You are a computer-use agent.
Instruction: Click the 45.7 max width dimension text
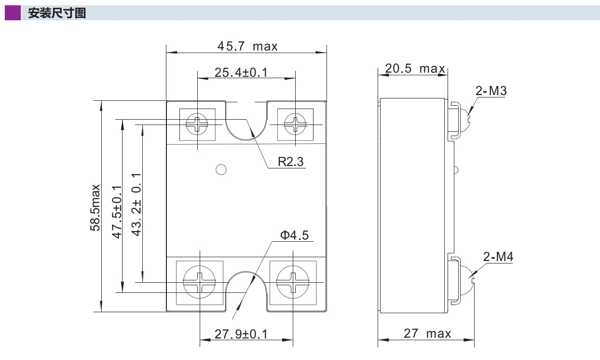click(x=247, y=46)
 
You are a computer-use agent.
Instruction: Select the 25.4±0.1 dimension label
click(x=241, y=72)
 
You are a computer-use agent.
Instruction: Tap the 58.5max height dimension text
click(x=95, y=208)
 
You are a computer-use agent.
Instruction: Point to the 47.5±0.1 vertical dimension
click(x=117, y=212)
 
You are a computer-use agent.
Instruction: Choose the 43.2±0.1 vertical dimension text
click(x=136, y=205)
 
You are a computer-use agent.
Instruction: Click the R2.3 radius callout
click(x=291, y=162)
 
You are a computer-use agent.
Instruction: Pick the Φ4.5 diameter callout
click(x=294, y=235)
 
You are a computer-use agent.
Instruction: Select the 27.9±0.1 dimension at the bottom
click(x=241, y=334)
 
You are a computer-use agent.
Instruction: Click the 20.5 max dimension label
click(x=415, y=69)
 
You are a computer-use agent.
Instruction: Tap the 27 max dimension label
click(x=427, y=333)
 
